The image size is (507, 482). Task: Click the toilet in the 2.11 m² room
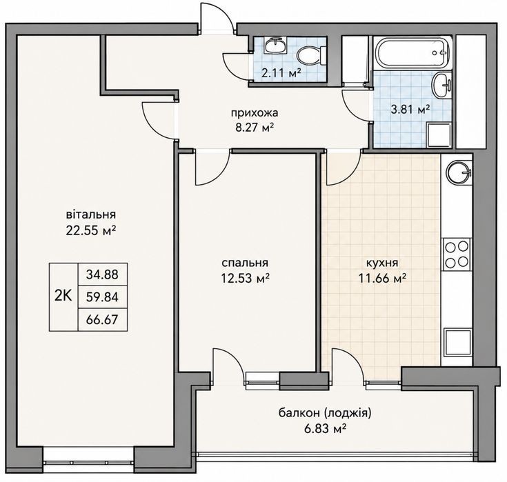point(310,55)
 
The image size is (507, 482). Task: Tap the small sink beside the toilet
point(275,45)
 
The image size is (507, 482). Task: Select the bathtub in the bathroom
point(412,52)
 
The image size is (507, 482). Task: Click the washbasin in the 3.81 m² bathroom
point(441,85)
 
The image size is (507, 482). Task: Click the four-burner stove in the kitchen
point(457,254)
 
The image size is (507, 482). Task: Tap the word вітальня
point(91,214)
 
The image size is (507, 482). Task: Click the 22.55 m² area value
point(91,231)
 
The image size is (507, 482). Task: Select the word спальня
point(245,263)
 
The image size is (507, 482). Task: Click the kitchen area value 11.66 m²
point(382,278)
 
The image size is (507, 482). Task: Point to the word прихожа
point(254,113)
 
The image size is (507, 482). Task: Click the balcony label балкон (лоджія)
point(325,414)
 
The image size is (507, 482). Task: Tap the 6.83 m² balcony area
point(325,429)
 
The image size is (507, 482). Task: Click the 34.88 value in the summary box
point(102,274)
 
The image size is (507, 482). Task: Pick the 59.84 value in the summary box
point(102,297)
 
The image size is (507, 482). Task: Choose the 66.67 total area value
point(102,320)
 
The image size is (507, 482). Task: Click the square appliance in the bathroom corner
point(439,134)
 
